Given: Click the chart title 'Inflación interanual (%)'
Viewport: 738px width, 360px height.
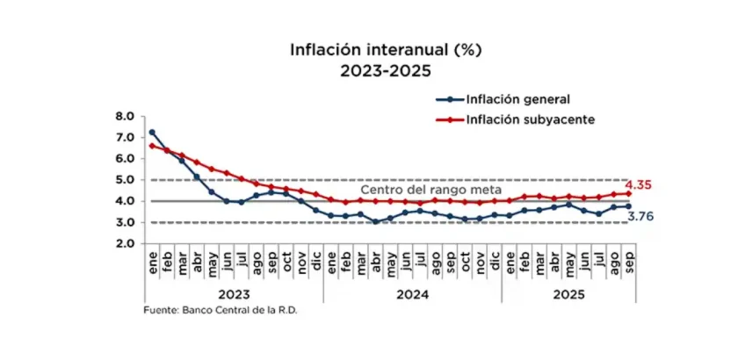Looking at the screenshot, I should coord(373,50).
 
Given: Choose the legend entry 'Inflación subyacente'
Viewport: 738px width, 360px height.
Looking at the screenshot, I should coord(526,119).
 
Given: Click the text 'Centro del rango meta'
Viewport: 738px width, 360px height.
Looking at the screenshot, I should coord(430,190).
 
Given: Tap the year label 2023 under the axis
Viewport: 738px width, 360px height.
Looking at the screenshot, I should coord(234,295).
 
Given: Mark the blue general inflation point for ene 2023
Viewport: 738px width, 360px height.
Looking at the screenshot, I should coord(152,133).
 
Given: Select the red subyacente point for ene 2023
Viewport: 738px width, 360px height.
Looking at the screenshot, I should coord(152,146).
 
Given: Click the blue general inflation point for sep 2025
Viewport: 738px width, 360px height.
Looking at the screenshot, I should coord(628,206).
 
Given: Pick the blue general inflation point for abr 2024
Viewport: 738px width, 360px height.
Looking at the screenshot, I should coord(376,221).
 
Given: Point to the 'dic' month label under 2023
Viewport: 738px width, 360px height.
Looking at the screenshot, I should coord(316,261).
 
